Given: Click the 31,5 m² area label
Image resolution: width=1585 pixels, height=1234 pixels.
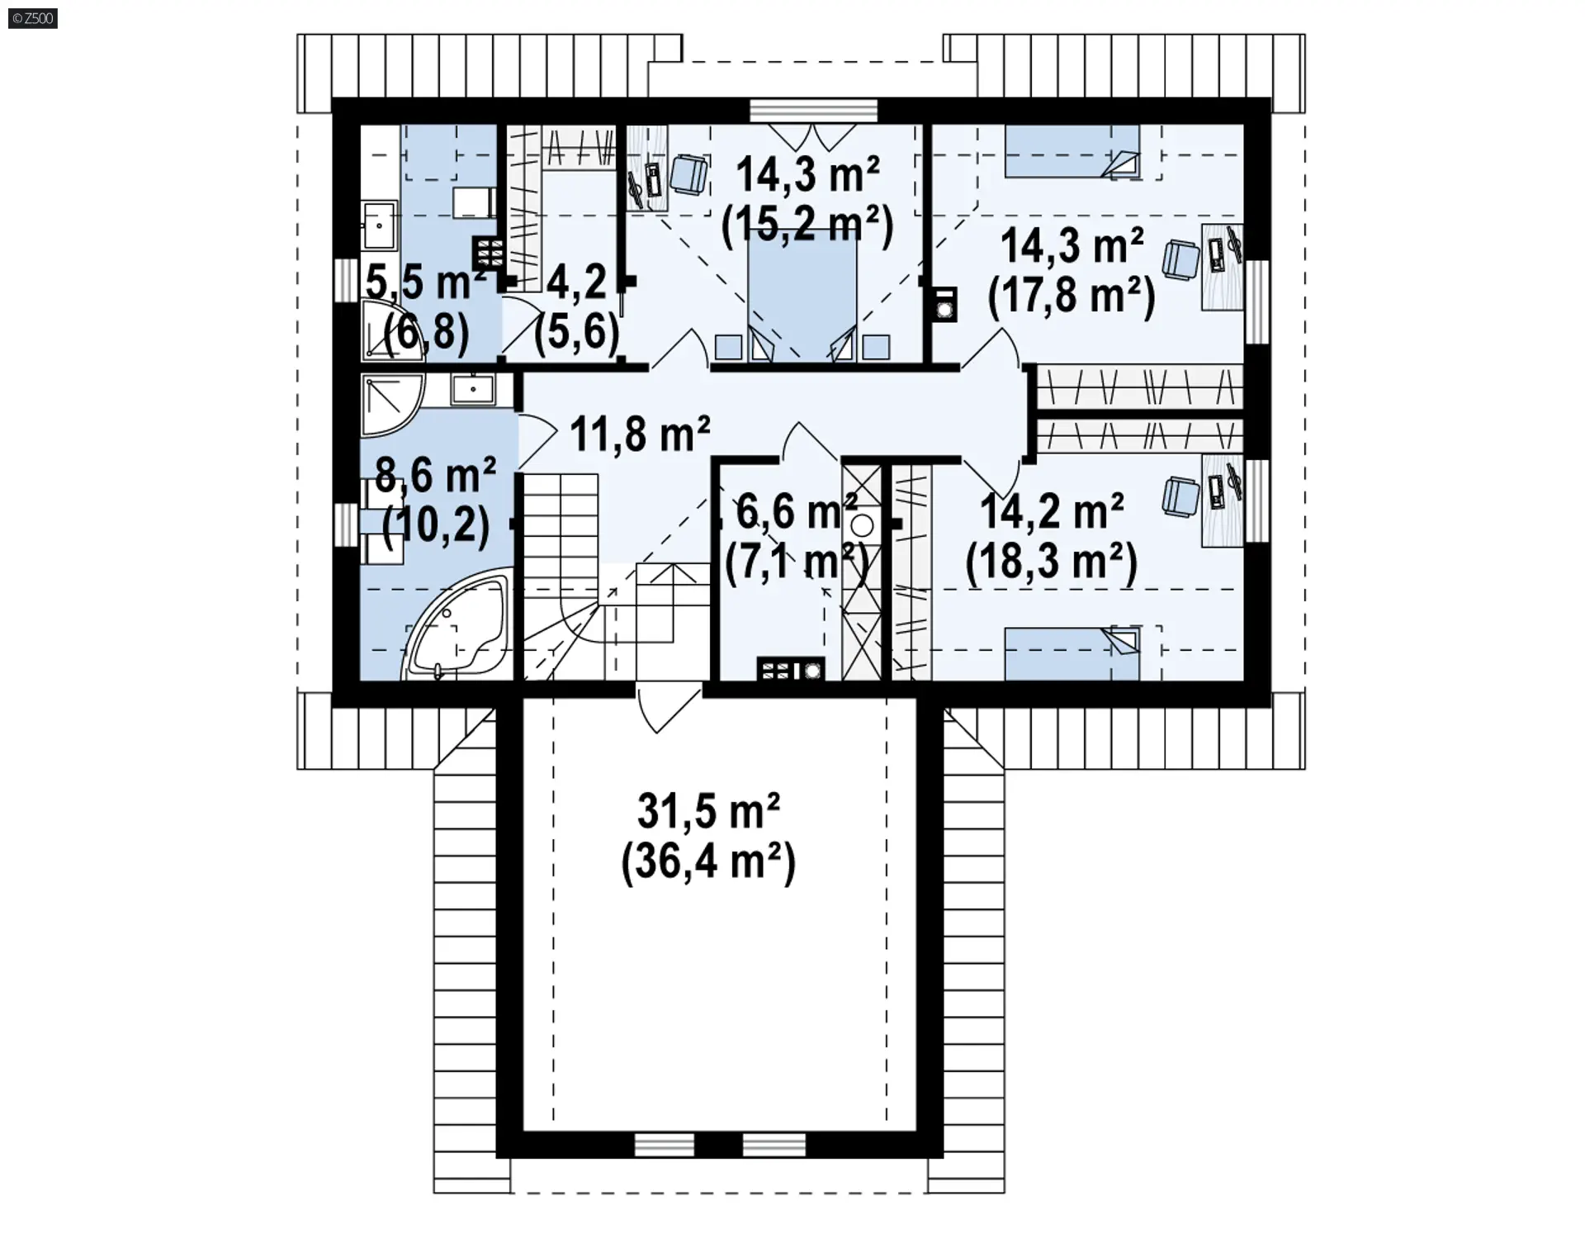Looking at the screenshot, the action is click(708, 811).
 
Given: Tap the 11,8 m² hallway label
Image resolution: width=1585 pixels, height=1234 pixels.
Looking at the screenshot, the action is click(640, 433).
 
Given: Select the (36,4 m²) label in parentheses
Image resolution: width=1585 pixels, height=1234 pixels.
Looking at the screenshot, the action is click(708, 862).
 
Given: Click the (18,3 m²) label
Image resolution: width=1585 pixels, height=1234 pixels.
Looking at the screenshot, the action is click(1052, 563).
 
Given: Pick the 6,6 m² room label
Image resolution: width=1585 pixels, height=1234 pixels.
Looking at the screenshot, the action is click(797, 511).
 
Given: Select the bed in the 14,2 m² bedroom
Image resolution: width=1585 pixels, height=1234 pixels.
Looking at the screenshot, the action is click(1072, 653).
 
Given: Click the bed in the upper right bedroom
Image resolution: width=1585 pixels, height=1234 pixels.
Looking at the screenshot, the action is click(1072, 151).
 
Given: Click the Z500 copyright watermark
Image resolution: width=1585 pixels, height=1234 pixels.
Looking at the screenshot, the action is click(33, 18).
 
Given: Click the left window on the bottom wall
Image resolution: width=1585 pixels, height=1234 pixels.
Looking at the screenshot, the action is click(665, 1144).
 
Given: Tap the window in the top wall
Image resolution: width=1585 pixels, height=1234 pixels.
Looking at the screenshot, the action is click(813, 110).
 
